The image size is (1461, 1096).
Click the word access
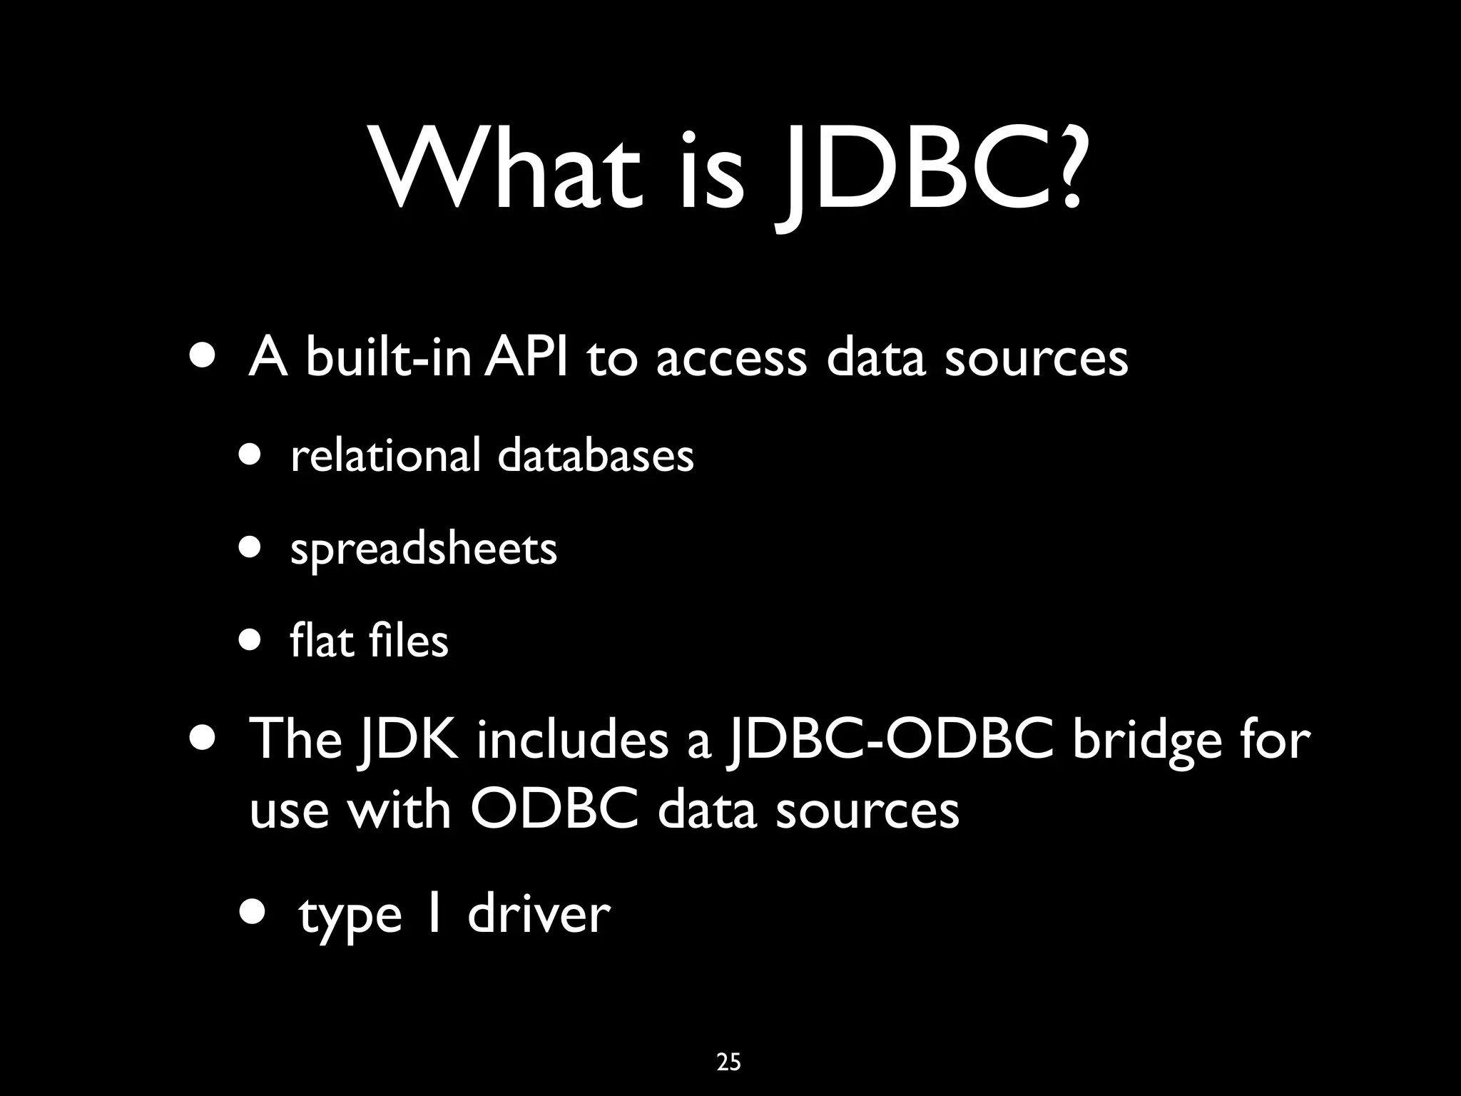coord(730,359)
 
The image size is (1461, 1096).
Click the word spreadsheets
coord(423,549)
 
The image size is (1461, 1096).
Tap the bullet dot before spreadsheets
coord(250,547)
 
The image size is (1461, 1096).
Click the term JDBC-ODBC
coord(889,739)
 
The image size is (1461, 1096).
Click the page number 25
coord(728,1062)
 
